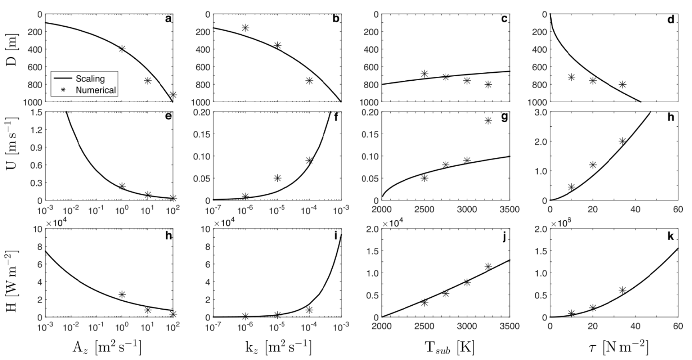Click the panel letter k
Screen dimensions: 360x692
click(x=670, y=236)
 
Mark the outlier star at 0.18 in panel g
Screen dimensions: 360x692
click(x=488, y=120)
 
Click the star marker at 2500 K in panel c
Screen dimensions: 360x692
click(x=425, y=74)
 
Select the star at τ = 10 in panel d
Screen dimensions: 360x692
click(x=571, y=77)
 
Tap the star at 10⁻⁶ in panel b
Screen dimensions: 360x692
click(x=245, y=28)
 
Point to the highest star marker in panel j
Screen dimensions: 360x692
click(x=488, y=267)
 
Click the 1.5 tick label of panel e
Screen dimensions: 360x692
click(x=34, y=112)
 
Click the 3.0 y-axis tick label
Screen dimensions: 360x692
click(x=538, y=112)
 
